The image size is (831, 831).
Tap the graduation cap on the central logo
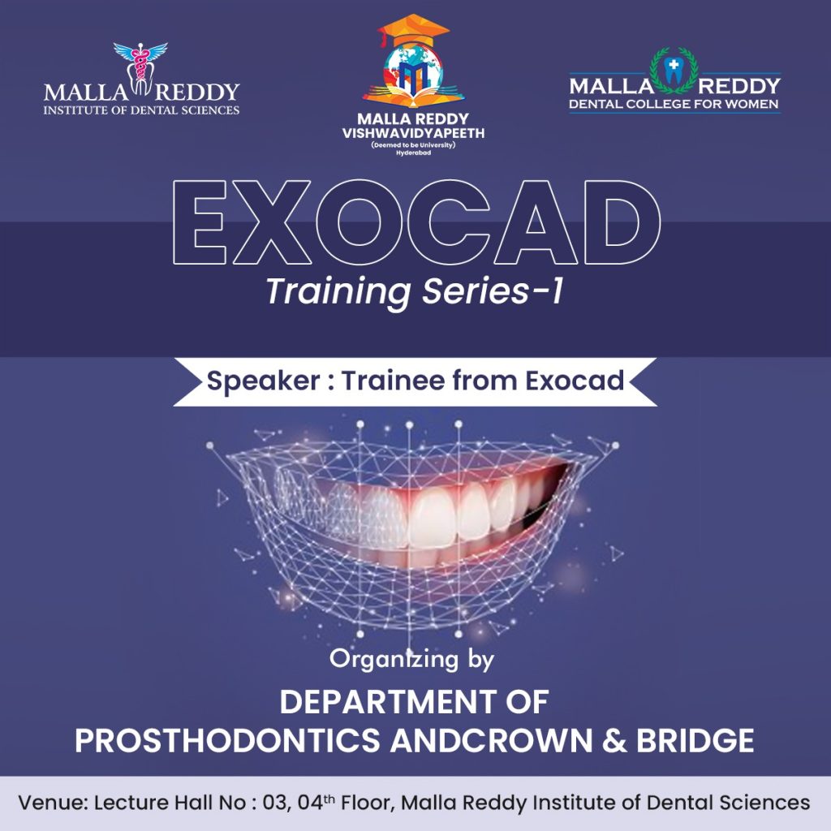(x=413, y=32)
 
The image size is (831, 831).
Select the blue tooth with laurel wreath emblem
(x=674, y=71)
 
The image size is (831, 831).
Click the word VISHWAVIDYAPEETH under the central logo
(x=413, y=133)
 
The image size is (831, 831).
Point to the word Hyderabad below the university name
(x=413, y=153)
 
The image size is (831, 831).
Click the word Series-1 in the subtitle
(x=493, y=291)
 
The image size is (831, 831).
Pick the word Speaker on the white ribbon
(x=264, y=381)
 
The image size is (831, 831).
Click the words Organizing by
(x=411, y=660)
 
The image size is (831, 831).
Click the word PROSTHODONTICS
(x=227, y=741)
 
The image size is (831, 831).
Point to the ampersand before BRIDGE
(x=614, y=741)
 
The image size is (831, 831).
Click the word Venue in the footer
(x=53, y=803)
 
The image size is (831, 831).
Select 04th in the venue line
(x=316, y=803)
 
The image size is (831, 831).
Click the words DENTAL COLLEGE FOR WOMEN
(x=674, y=104)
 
